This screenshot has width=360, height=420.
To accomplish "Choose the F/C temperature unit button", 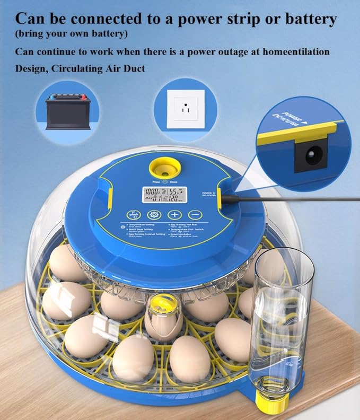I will point(133,215).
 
